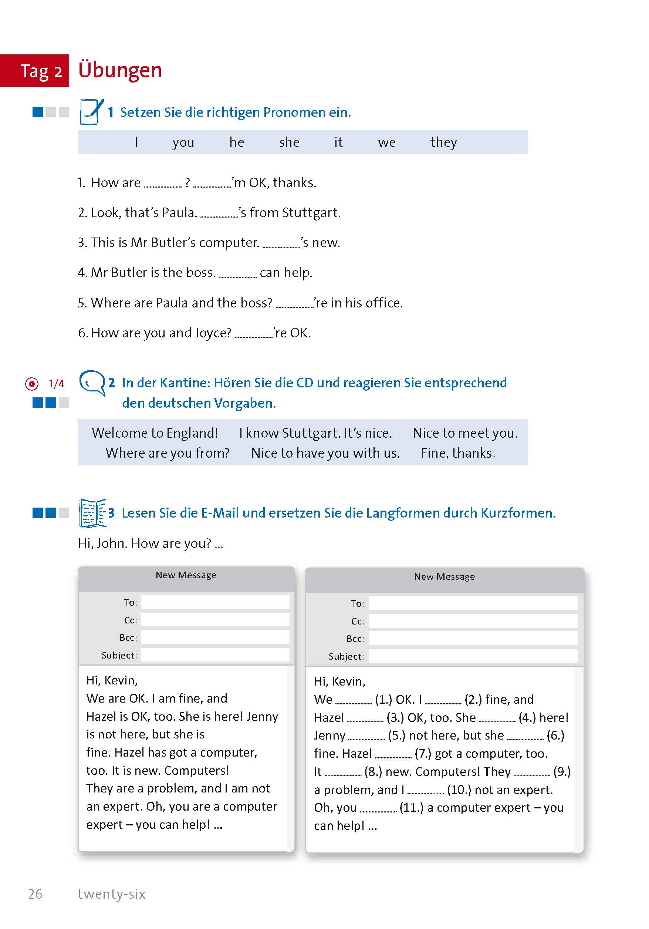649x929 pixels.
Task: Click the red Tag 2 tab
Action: click(x=35, y=71)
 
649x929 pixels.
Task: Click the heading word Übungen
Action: click(x=120, y=70)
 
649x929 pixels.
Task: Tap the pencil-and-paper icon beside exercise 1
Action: click(x=91, y=112)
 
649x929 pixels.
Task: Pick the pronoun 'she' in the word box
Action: click(x=289, y=142)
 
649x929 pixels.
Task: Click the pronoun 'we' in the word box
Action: click(x=386, y=142)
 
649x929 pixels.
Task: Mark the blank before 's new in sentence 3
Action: click(x=281, y=245)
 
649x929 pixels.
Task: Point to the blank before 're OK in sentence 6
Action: click(x=254, y=336)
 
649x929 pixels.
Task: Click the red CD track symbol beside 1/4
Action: click(x=32, y=384)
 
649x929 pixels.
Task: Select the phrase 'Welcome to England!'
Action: click(x=155, y=433)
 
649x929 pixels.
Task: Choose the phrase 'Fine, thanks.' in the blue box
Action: click(x=458, y=453)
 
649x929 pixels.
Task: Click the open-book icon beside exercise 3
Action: click(x=92, y=513)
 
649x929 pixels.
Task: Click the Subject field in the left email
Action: click(x=215, y=655)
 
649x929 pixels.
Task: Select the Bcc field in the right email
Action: click(x=472, y=639)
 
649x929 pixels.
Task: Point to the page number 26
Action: click(x=35, y=894)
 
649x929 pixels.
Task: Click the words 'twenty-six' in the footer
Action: click(x=112, y=894)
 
